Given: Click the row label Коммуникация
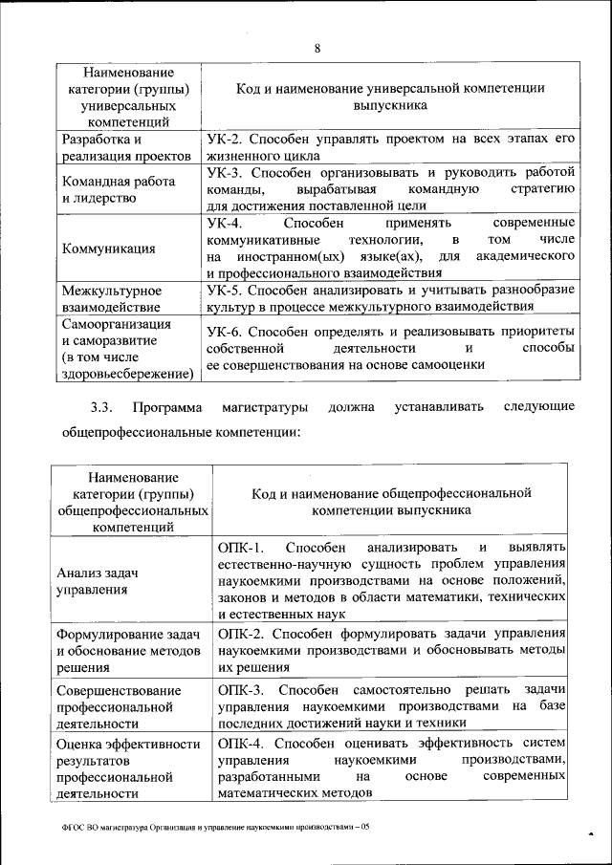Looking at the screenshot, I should [x=108, y=249].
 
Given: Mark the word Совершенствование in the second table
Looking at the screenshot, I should [x=119, y=690].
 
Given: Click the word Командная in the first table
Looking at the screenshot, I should [x=95, y=182].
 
